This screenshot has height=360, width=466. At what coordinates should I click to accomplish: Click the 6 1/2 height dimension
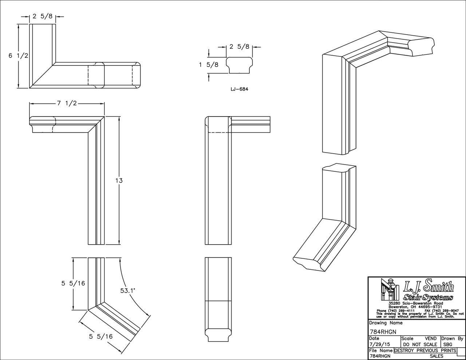click(x=19, y=55)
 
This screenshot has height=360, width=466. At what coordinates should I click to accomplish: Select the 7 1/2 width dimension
click(x=67, y=103)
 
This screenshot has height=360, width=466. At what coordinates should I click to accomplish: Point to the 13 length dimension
click(x=119, y=180)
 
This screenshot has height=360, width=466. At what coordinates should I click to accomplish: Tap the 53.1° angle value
click(x=127, y=290)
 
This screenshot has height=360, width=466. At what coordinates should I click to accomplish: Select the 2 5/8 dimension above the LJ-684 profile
click(x=239, y=47)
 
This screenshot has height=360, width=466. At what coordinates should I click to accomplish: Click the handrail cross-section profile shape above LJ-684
click(x=239, y=64)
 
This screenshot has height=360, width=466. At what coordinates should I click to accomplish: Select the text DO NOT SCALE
click(x=420, y=344)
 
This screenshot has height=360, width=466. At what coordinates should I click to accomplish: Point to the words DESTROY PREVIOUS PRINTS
click(x=425, y=351)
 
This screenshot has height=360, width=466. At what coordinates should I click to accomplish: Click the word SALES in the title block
click(x=436, y=356)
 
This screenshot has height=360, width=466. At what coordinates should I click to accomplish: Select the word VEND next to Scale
click(x=430, y=339)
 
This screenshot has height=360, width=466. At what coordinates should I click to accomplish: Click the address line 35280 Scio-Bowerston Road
click(x=416, y=303)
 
